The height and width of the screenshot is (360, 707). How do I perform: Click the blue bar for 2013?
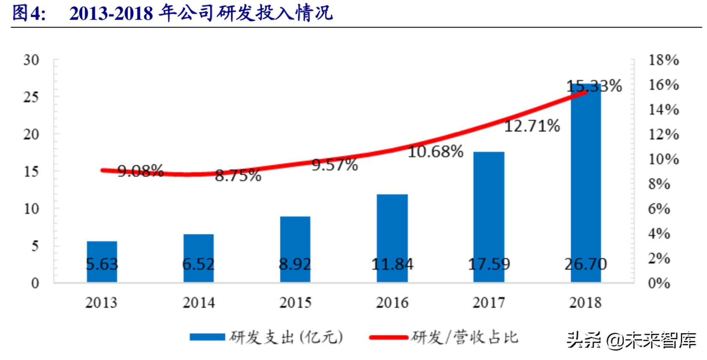(102, 251)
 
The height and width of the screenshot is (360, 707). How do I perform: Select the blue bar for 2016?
(392, 227)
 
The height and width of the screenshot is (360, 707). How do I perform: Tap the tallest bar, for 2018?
(585, 176)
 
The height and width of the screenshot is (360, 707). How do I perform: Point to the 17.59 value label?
(489, 264)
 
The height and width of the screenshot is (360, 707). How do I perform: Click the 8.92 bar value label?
(295, 264)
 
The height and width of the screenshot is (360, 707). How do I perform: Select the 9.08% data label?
(140, 171)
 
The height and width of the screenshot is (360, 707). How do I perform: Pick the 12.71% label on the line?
(532, 126)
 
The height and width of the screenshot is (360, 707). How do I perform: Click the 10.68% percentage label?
(435, 152)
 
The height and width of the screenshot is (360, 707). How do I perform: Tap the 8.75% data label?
(238, 176)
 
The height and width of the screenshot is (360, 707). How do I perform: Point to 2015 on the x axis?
(295, 303)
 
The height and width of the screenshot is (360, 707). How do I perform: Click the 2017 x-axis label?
(489, 303)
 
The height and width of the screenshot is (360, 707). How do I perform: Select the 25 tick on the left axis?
(31, 97)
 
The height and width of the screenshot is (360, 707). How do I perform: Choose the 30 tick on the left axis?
(31, 60)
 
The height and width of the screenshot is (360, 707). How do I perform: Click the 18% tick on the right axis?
(663, 60)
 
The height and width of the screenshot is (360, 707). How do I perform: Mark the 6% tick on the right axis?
(659, 209)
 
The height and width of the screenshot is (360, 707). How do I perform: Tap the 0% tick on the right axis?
(659, 283)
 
